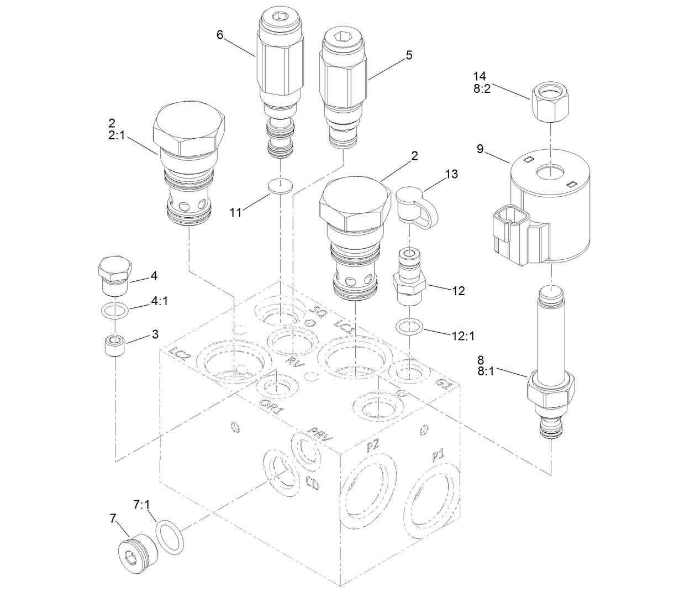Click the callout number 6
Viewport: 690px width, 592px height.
click(x=220, y=35)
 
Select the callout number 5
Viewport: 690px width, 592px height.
click(x=409, y=55)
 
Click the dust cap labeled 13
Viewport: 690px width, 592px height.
click(x=413, y=208)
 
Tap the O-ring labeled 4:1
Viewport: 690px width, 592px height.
click(x=115, y=311)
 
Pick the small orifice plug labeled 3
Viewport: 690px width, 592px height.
click(x=114, y=346)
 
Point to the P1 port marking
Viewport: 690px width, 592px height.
click(x=438, y=455)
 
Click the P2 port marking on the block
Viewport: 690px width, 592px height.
click(x=372, y=446)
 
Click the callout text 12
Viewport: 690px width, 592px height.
click(x=458, y=291)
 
